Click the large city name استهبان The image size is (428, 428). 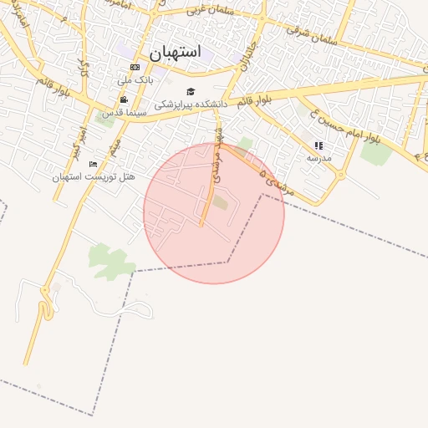(x=176, y=52)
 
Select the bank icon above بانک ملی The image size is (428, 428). (x=135, y=67)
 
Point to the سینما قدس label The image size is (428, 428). (x=125, y=112)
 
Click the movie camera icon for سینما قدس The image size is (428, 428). (x=124, y=99)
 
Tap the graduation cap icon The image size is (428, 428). (x=191, y=91)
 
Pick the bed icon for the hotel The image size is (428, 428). (x=93, y=163)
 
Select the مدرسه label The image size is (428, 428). (x=318, y=157)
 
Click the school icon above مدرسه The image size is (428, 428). (x=318, y=145)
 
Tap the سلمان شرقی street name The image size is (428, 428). (x=311, y=34)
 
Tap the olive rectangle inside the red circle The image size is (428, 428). (x=219, y=201)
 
